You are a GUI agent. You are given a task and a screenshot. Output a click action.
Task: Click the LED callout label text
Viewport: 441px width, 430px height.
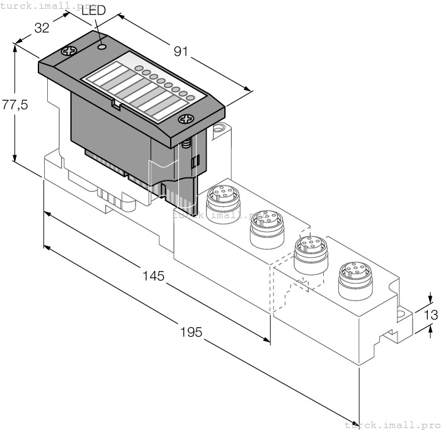(93, 11)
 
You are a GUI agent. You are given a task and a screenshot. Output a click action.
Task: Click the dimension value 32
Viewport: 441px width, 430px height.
(42, 28)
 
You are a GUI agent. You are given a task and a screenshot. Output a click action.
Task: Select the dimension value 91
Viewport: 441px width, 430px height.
(181, 53)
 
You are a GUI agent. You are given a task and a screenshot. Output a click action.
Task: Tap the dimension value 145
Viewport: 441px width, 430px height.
(152, 275)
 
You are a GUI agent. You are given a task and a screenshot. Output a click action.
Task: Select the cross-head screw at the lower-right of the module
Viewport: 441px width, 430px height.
(185, 118)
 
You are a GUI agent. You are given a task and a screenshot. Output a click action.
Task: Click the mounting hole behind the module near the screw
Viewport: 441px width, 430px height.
(219, 130)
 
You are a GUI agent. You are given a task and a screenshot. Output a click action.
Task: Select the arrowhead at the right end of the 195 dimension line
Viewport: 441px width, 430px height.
(354, 420)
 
